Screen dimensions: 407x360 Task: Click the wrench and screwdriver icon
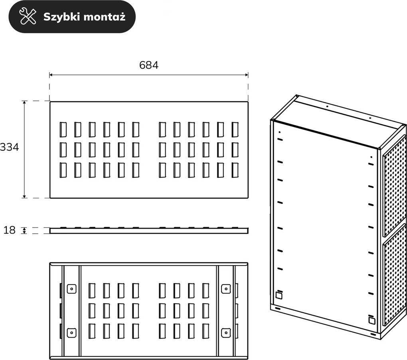(28, 17)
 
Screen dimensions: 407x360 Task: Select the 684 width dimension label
(149, 65)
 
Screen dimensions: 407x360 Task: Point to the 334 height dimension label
(9, 147)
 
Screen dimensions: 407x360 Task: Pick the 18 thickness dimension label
(9, 230)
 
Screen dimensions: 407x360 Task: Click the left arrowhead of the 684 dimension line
(51, 75)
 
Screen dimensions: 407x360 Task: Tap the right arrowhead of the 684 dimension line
(246, 75)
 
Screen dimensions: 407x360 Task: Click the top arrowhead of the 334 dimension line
(24, 103)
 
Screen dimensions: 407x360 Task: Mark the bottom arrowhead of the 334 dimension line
(24, 196)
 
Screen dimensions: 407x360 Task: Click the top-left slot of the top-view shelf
(63, 130)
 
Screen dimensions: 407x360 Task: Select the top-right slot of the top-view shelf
(235, 130)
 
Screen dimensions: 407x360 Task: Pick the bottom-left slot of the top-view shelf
(63, 170)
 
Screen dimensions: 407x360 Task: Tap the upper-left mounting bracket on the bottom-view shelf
(72, 288)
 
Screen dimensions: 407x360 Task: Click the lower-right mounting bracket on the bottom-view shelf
(226, 332)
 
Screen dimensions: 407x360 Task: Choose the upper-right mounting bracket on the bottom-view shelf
(226, 288)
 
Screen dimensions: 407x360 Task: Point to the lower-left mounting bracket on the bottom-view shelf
(72, 332)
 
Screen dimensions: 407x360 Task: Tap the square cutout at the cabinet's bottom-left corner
(279, 295)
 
